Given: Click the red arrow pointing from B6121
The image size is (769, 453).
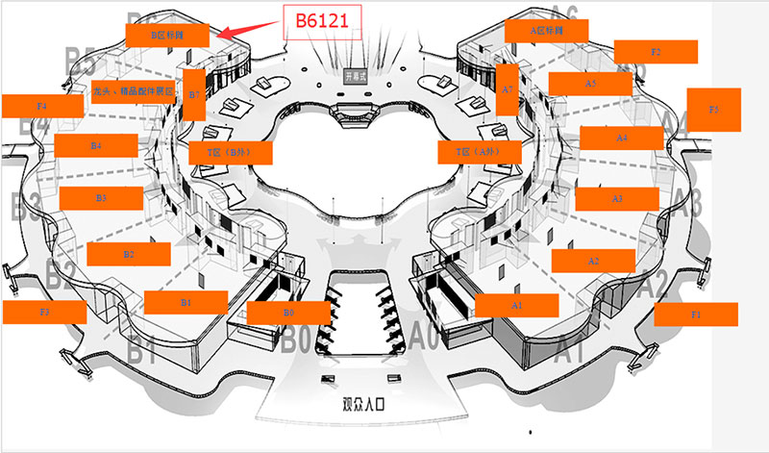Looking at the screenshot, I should (248, 28).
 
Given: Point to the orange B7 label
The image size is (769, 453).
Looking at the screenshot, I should (193, 94).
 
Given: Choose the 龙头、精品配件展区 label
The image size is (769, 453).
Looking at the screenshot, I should (134, 91).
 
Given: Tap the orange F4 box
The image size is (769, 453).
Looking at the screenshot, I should (42, 105).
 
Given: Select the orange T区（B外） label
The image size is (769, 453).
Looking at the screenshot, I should (232, 152).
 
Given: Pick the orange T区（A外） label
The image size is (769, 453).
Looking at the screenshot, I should (480, 152).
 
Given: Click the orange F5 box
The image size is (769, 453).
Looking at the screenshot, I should (713, 110).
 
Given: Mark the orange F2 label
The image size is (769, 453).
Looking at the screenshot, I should (656, 52).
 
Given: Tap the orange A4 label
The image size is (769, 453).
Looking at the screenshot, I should (622, 138).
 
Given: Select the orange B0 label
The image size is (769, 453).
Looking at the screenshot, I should (288, 313).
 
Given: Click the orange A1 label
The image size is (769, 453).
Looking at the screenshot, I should (517, 305).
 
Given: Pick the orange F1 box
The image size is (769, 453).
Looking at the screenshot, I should (696, 314).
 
